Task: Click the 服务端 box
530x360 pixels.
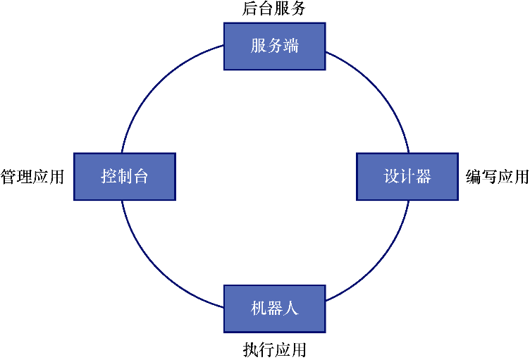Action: pyautogui.click(x=274, y=46)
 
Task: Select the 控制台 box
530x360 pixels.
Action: pyautogui.click(x=124, y=176)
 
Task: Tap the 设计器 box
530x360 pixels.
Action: pyautogui.click(x=407, y=176)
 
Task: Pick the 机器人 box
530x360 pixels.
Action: pyautogui.click(x=274, y=309)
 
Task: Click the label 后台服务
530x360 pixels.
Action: pyautogui.click(x=274, y=9)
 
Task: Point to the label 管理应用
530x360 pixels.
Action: pyautogui.click(x=32, y=176)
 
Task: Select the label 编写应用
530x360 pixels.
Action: pyautogui.click(x=498, y=176)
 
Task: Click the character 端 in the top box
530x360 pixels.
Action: pyautogui.click(x=290, y=46)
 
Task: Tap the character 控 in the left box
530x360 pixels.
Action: pyautogui.click(x=109, y=176)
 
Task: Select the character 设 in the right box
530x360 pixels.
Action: pyautogui.click(x=392, y=176)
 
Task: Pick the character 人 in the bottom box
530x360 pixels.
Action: pyautogui.click(x=290, y=309)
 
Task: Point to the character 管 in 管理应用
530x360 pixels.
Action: pyautogui.click(x=8, y=176)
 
